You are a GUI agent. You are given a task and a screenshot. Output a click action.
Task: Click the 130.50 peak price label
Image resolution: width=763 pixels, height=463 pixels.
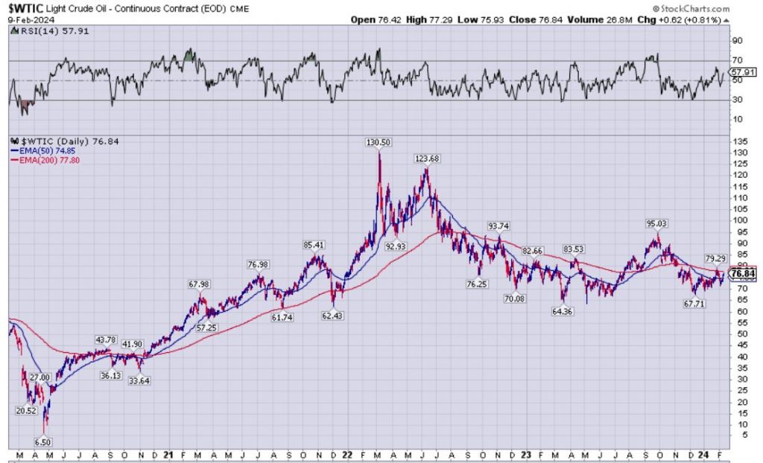[379, 142]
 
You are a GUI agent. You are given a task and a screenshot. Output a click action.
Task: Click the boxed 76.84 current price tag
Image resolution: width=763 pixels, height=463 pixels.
[746, 274]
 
